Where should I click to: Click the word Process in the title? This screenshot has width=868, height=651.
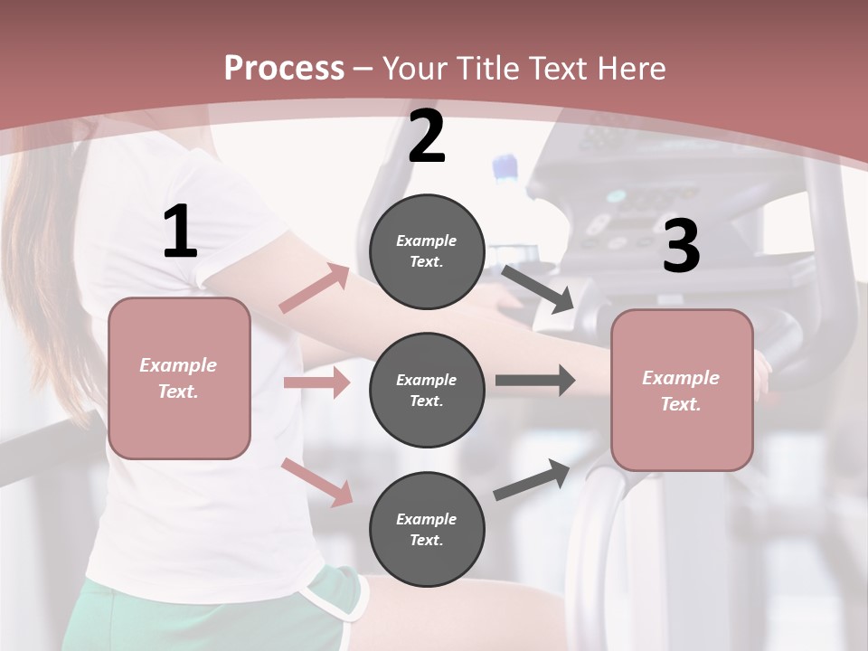coord(284,69)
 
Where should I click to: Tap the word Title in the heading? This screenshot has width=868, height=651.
coord(485,69)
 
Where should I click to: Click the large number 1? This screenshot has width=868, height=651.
coord(180,232)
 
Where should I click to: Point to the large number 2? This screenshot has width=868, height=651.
coord(427,137)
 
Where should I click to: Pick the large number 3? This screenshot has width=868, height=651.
coord(681,246)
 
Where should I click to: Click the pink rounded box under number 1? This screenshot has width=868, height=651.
coord(179,378)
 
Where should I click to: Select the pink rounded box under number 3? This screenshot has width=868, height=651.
coord(682,391)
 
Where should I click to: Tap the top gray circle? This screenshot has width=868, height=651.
coord(427,251)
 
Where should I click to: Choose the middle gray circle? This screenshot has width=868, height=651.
coord(427,390)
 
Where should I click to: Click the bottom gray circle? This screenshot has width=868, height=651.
coord(427,529)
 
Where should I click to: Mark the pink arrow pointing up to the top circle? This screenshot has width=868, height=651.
coord(314,288)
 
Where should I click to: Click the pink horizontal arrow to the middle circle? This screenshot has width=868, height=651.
coord(316,382)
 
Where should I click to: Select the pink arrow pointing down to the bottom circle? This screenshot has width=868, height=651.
coord(316,481)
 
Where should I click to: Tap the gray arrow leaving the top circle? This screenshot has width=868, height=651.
coord(538,289)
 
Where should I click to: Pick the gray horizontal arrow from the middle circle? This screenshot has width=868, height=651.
coord(534,381)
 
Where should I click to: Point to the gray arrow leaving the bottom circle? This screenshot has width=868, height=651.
coord(532,479)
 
